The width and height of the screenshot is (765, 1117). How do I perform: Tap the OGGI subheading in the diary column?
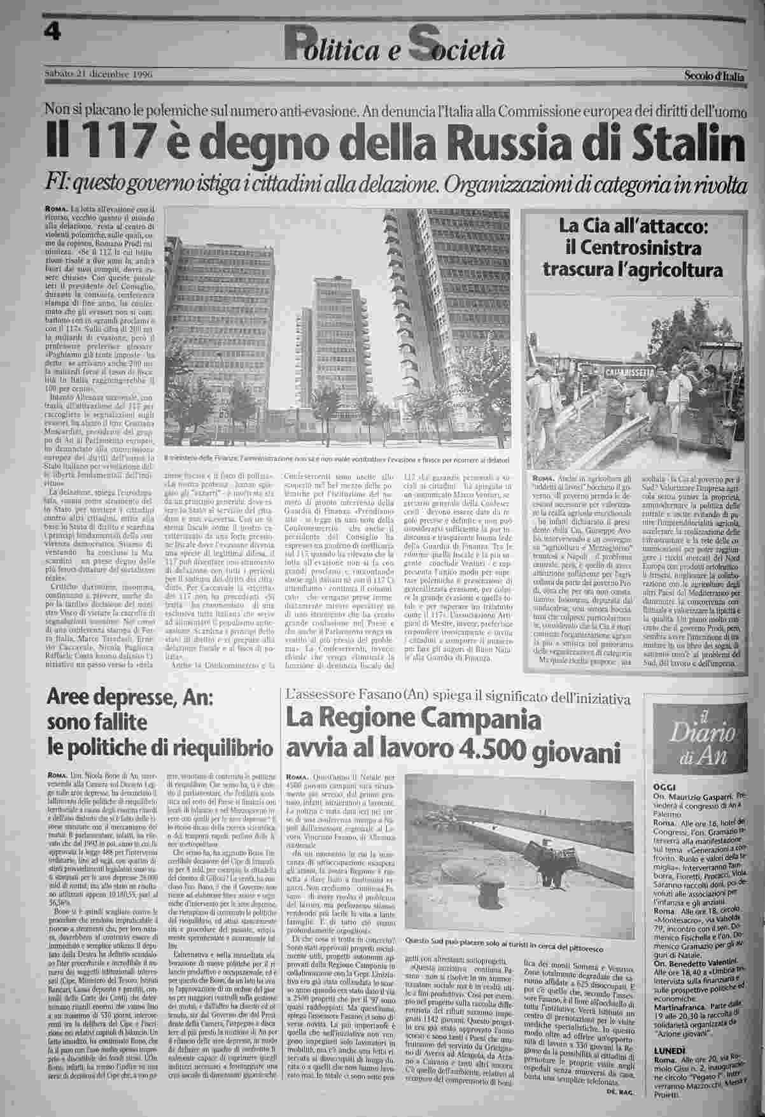point(664,786)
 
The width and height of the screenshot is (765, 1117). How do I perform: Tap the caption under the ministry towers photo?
point(337,458)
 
